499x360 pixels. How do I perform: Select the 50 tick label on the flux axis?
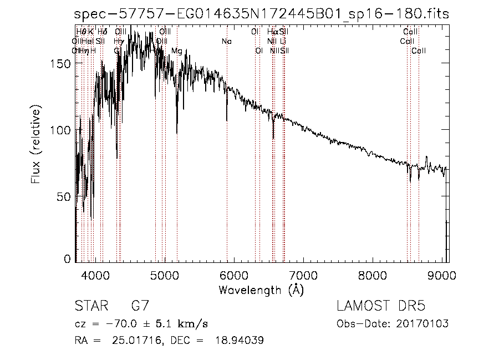coord(64,196)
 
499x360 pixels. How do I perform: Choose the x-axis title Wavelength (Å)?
coord(261,290)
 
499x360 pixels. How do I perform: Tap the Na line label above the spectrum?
coord(226,42)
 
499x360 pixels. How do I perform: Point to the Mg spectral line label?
coord(176,51)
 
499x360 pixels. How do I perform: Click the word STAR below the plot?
coord(89,307)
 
